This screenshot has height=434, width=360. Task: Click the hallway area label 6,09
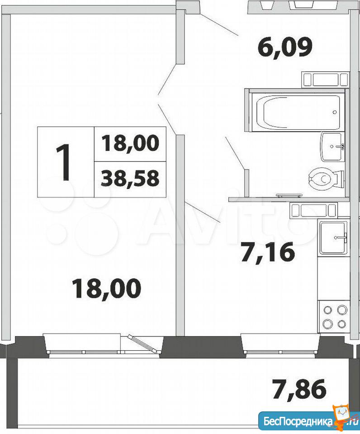[284, 48]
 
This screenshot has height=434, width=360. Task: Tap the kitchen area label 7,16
[267, 252]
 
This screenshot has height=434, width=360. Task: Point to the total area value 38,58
[130, 179]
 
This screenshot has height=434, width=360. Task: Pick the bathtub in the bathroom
[298, 113]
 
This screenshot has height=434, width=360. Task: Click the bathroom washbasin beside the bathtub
[332, 146]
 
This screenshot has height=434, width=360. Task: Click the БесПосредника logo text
[298, 422]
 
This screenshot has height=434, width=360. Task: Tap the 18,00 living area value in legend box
[130, 143]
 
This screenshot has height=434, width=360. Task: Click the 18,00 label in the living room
[106, 289]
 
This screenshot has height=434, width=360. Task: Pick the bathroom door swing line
[235, 153]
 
